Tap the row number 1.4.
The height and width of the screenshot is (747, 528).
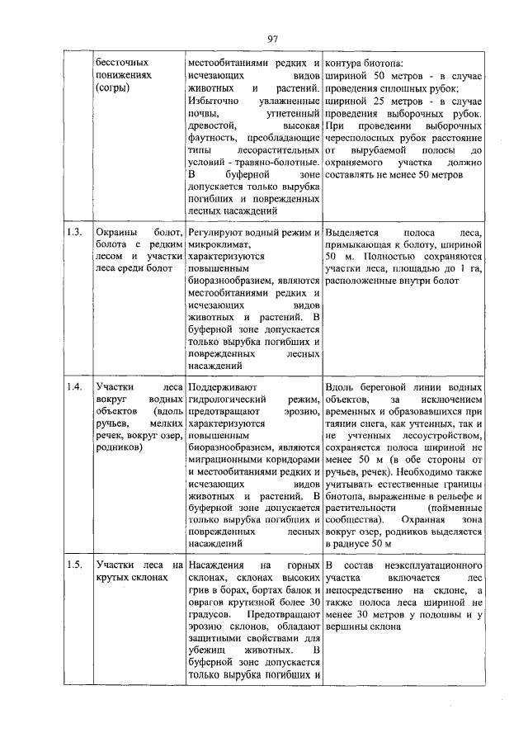point(74,386)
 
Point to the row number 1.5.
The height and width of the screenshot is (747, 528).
point(74,565)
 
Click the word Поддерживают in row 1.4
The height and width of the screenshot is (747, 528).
point(224,386)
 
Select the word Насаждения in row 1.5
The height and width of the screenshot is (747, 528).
point(218,565)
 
